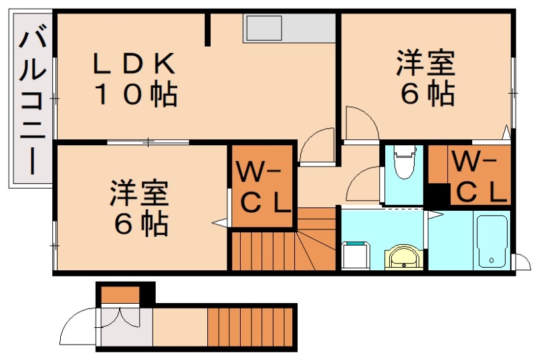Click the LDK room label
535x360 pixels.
134,65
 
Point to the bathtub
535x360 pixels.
492,240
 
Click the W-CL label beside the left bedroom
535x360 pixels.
263,187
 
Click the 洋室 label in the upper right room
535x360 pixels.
425,66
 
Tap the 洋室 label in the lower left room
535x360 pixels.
140,194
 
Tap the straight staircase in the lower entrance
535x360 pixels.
250,327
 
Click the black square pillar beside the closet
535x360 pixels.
439,196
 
